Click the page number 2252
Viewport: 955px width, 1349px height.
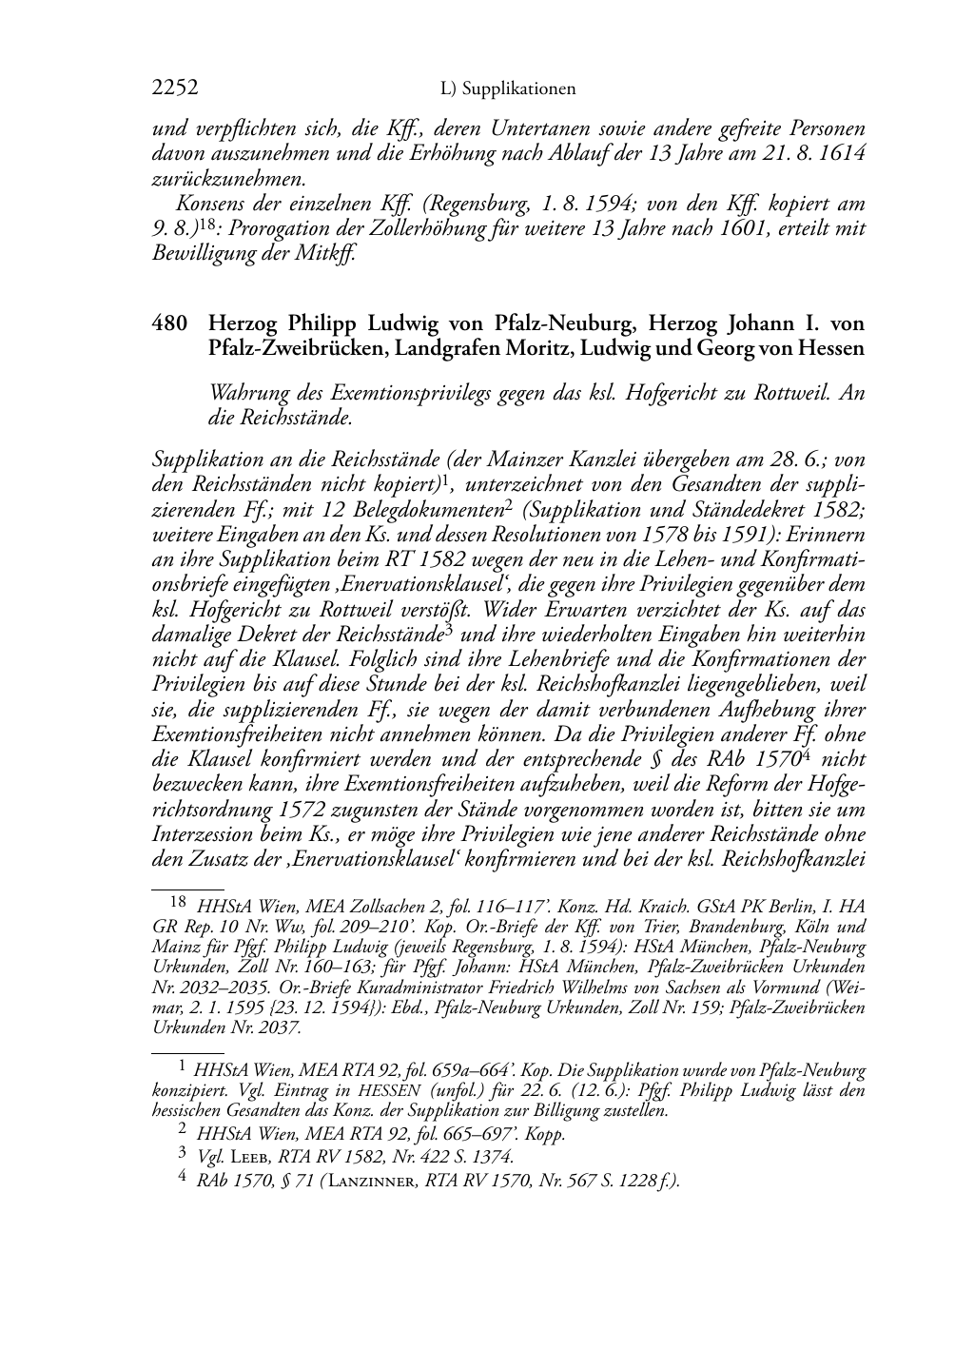[x=175, y=88]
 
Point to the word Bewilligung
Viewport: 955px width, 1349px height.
[x=207, y=254]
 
